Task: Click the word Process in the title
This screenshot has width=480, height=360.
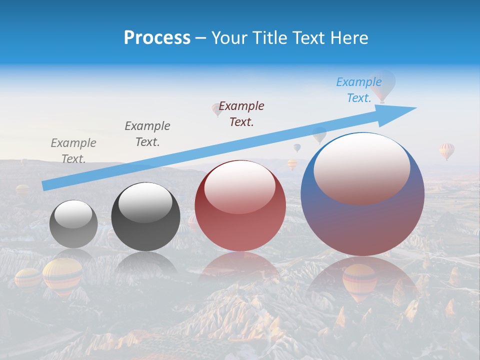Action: [157, 38]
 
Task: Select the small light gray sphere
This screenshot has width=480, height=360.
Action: [73, 224]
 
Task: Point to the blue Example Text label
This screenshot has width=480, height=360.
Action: [359, 90]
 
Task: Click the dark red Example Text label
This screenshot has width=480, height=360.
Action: [241, 113]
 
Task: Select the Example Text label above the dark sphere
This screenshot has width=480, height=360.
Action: [147, 133]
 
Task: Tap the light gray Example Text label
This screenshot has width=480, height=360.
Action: [73, 150]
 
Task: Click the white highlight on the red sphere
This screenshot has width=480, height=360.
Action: [239, 187]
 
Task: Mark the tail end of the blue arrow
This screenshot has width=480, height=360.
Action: [45, 186]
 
